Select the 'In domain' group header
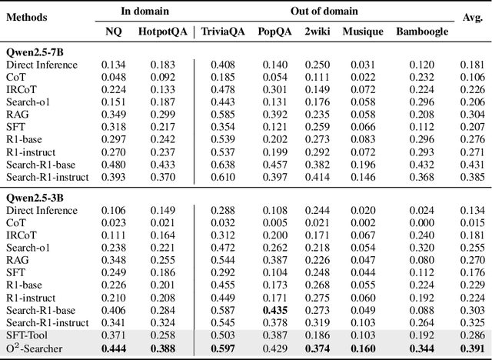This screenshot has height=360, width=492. (x=144, y=12)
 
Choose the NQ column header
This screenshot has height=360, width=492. (x=113, y=32)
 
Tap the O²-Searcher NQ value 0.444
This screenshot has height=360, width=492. (x=113, y=349)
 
